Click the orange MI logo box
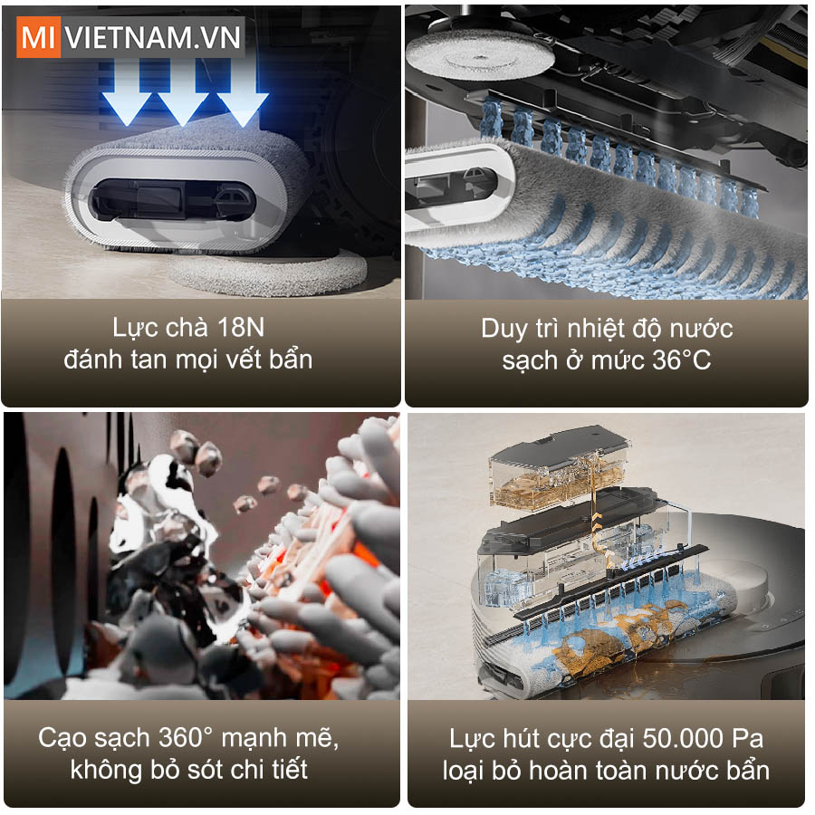(x=38, y=37)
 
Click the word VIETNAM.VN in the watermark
(x=153, y=37)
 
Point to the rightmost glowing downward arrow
(x=243, y=92)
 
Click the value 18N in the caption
(x=241, y=327)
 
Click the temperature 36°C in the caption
(x=681, y=360)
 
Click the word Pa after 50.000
(x=748, y=738)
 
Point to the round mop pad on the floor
(x=267, y=272)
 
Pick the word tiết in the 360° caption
(x=290, y=769)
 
